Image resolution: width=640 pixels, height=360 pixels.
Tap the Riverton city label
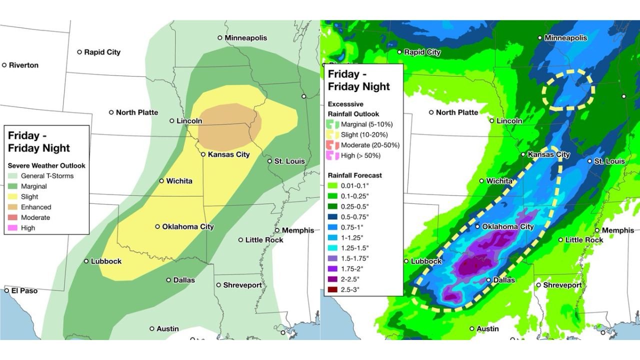point(23,65)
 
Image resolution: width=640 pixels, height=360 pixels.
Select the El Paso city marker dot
point(7,290)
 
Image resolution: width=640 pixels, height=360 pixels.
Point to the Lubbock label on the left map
point(106,261)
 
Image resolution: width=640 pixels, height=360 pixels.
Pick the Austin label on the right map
point(487,328)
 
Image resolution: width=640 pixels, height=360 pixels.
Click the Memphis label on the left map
point(298,230)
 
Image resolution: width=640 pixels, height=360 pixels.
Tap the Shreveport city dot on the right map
point(538,285)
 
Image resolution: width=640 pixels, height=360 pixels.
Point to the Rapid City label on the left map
point(102,52)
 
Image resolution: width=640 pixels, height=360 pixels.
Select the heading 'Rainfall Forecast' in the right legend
point(354,175)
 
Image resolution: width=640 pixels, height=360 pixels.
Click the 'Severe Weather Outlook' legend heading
point(46,165)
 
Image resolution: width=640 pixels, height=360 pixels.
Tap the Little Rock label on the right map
point(584,240)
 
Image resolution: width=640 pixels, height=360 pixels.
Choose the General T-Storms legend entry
point(47,176)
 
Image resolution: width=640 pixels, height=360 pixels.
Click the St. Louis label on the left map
point(289,161)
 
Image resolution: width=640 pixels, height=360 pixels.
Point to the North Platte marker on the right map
point(431,112)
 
